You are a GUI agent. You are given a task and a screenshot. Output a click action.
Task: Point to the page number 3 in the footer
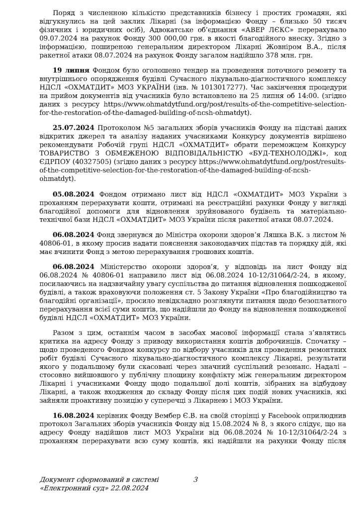pos(195,479)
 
